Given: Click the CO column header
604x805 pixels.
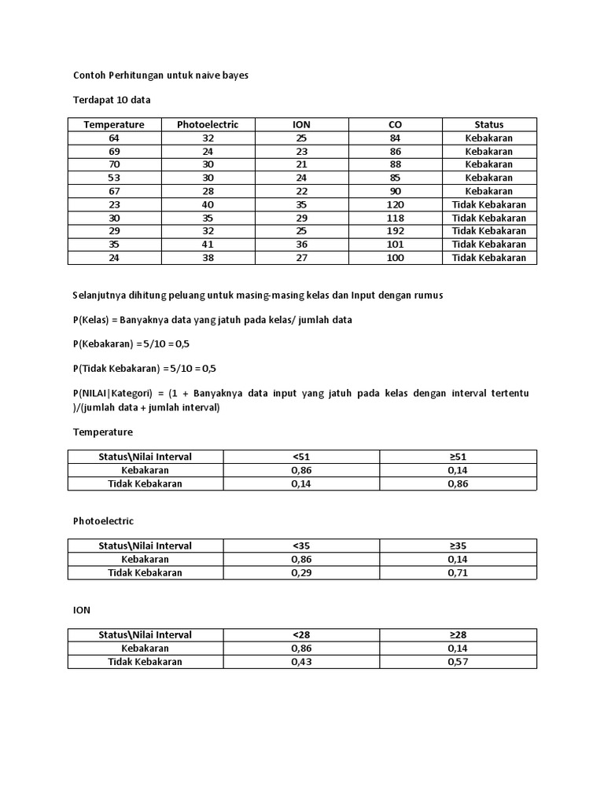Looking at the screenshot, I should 395,124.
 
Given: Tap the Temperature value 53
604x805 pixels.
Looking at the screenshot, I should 114,178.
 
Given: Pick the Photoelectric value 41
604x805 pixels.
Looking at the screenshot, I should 208,244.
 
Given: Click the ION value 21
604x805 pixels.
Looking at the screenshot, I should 301,164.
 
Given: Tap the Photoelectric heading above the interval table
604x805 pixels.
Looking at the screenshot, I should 103,521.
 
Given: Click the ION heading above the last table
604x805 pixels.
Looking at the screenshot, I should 82,610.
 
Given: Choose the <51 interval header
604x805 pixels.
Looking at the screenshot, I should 301,457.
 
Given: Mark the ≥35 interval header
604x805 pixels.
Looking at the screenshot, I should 458,546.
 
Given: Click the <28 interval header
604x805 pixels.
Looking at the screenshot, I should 301,634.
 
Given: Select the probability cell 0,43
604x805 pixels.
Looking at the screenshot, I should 301,662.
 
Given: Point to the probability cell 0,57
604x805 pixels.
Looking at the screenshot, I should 458,662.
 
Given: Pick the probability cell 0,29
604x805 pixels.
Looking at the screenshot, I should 301,572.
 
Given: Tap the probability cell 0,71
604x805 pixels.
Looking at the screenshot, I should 458,572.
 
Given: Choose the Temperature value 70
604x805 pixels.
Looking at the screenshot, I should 114,164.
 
